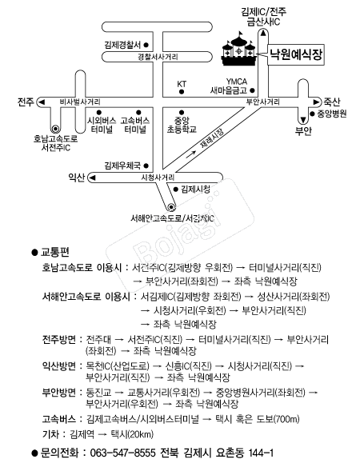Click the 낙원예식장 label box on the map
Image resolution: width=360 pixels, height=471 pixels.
click(296, 54)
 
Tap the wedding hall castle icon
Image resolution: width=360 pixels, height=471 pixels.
click(239, 49)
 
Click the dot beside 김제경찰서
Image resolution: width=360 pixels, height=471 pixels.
click(146, 45)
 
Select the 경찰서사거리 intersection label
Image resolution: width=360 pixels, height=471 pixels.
click(158, 57)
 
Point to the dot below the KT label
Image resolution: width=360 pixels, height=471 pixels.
click(182, 92)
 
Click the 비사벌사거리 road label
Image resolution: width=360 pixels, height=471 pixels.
click(80, 102)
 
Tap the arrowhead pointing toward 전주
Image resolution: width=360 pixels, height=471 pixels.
click(42, 102)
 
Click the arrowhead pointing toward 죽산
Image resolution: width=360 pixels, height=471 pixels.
click(317, 102)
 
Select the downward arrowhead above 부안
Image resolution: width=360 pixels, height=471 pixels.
click(303, 121)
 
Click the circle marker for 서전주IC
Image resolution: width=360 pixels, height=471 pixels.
click(55, 129)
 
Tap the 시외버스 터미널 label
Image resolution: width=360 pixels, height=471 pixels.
click(102, 125)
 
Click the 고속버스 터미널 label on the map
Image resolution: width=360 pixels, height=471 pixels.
click(135, 125)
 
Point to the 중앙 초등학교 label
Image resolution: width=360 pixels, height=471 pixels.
click(182, 125)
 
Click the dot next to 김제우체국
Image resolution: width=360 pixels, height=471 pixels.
click(146, 166)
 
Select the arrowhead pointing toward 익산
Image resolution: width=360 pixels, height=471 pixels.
click(93, 178)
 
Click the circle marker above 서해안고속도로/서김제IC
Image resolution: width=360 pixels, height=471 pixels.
click(171, 206)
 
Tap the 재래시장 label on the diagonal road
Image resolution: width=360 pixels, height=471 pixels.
click(212, 138)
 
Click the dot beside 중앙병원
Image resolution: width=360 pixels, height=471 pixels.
click(312, 114)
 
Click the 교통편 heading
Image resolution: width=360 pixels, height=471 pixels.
click(55, 252)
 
